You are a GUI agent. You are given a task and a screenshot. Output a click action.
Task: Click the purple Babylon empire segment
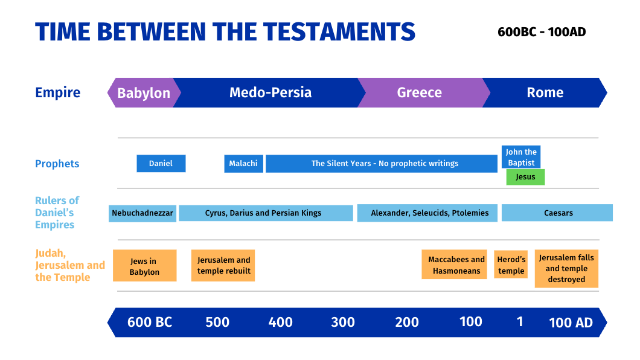(x=144, y=92)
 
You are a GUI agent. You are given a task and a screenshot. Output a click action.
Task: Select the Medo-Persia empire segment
(x=269, y=92)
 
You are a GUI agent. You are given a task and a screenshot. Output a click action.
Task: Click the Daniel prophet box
(x=161, y=163)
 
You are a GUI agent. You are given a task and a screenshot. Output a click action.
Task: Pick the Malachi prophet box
(x=243, y=163)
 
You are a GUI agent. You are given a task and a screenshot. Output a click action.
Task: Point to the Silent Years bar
(x=381, y=163)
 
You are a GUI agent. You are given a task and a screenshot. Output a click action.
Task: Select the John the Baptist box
(x=521, y=157)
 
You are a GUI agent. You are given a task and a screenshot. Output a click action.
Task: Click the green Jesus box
(x=525, y=177)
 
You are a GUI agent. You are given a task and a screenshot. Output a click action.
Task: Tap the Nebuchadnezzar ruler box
(x=142, y=213)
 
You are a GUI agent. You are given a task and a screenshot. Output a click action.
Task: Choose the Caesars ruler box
(x=557, y=213)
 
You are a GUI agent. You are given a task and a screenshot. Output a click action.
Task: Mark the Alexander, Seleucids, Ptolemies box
(x=427, y=213)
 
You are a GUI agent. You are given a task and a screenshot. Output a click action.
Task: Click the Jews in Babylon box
(x=144, y=266)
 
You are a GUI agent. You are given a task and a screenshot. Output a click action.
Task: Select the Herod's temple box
(x=511, y=265)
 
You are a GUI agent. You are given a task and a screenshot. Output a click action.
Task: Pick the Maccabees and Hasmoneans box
(x=454, y=265)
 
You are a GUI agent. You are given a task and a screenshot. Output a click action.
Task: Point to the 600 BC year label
(x=150, y=323)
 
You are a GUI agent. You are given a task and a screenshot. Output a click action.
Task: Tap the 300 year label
(x=343, y=323)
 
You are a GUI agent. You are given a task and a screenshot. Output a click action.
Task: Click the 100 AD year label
(x=571, y=323)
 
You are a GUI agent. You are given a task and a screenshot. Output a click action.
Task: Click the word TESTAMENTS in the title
(x=339, y=32)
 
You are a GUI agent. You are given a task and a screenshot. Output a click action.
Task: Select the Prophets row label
(x=57, y=164)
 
